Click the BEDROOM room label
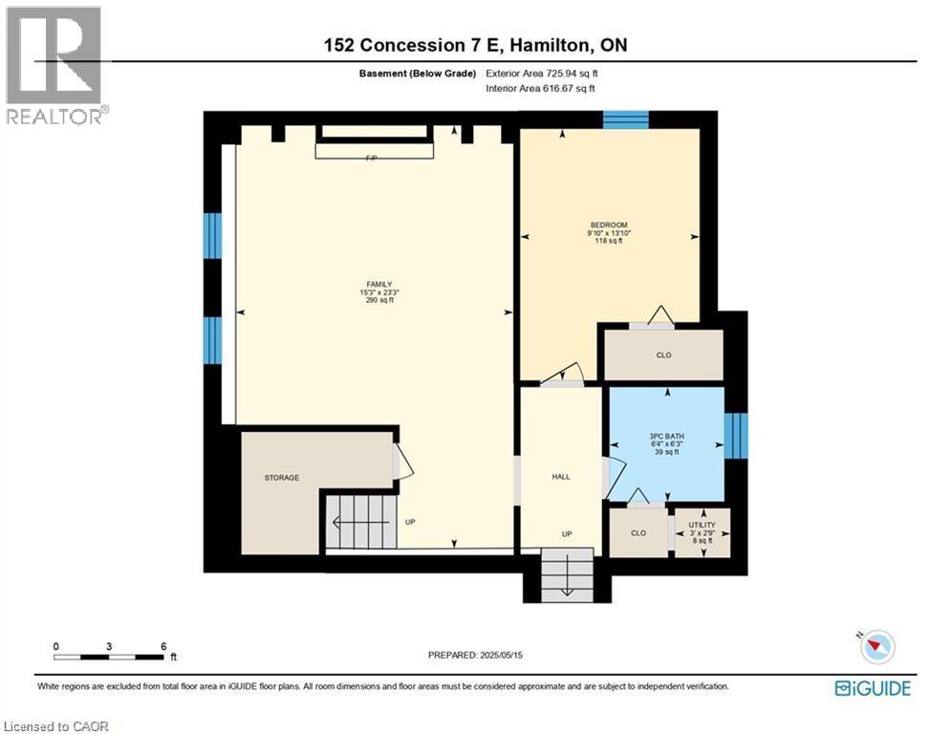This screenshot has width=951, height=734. pos(607,225)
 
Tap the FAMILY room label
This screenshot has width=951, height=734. pos(379,284)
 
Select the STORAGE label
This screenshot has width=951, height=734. pos(282,477)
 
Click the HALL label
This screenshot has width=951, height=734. pos(560,476)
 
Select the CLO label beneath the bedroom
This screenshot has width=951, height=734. pos(663,356)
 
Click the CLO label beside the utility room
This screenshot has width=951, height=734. pos(638,533)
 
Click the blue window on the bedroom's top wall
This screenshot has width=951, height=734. pos(626,119)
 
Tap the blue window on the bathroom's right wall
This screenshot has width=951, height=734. pos(736,435)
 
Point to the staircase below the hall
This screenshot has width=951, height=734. pos(567,576)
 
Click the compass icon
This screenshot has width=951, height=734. pos(876,648)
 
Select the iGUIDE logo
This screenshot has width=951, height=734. pos(873,688)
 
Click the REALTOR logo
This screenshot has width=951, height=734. pos(55,65)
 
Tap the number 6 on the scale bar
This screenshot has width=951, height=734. pos(163,646)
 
